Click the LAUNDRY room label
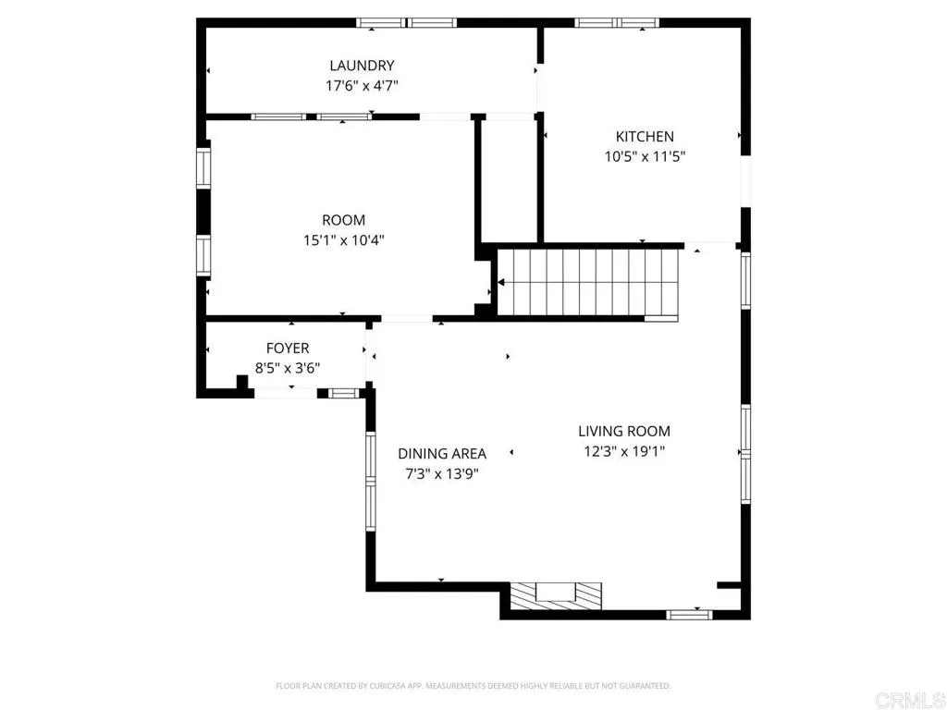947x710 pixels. pos(362,66)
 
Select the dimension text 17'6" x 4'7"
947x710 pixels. pos(362,85)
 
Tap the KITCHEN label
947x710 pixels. pos(645,137)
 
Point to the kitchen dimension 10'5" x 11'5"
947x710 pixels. pos(645,156)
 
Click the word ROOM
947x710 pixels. pos(343,220)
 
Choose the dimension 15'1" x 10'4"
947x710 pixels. pos(343,239)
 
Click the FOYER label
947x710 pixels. pos(288,349)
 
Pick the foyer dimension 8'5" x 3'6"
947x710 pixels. pos(288,367)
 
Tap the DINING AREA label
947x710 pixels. pos(442,454)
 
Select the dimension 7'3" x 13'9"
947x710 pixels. pos(442,473)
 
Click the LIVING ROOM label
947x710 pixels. pos(624,431)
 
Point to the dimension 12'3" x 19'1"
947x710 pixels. pos(624,451)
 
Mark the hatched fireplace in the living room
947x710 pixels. pos(556,594)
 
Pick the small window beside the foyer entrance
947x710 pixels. pos(343,393)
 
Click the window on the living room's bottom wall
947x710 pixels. pos(690,613)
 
